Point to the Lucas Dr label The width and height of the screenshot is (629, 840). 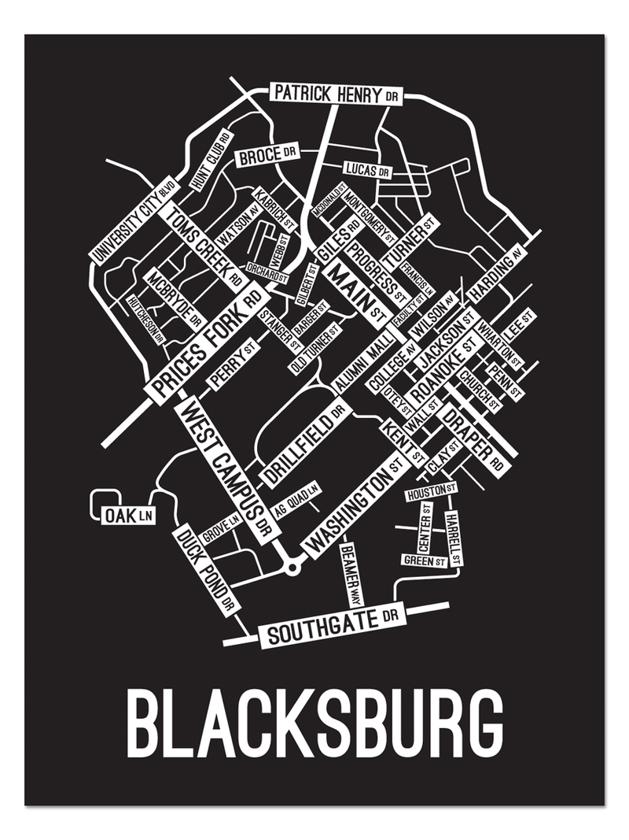click(366, 169)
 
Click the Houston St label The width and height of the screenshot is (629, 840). click(431, 494)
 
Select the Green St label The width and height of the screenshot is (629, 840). click(425, 561)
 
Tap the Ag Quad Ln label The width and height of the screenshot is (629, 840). click(296, 501)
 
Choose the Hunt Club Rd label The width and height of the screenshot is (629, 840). click(212, 159)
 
